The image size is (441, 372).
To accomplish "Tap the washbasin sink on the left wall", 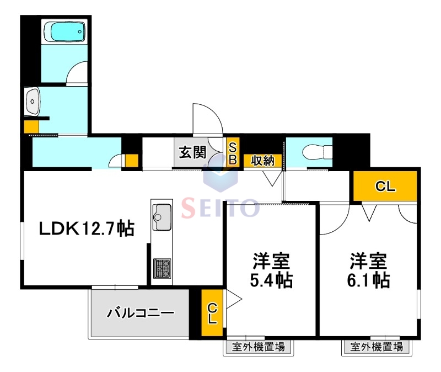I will (x=33, y=102).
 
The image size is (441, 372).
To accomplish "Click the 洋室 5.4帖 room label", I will (x=271, y=270).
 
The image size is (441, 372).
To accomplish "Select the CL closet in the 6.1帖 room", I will (x=385, y=187).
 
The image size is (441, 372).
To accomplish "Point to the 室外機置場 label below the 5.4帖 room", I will (x=258, y=347).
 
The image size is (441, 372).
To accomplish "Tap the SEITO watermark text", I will (x=220, y=208).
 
